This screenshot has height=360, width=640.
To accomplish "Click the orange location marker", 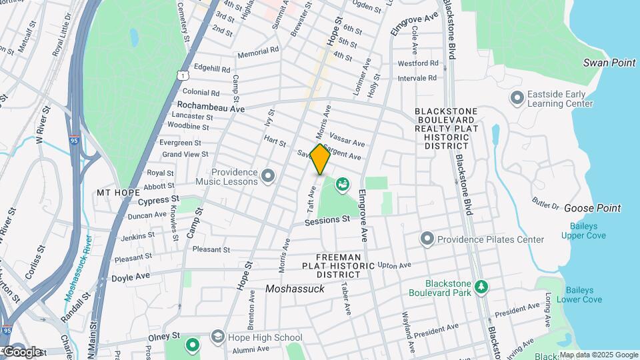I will click(320, 159).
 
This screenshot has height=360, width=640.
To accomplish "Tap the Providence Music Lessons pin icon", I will click(268, 176).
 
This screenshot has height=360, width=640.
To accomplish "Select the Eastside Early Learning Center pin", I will click(517, 99).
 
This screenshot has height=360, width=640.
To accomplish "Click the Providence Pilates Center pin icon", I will click(427, 239).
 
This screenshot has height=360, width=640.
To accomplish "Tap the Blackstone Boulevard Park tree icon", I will click(481, 287).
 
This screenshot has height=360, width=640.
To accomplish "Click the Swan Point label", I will click(609, 63).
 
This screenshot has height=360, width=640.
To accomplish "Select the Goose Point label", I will click(592, 208).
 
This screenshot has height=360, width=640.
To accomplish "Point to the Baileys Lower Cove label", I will click(583, 295).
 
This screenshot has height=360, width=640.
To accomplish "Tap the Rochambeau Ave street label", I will click(211, 106).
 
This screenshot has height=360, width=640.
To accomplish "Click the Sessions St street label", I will click(327, 220).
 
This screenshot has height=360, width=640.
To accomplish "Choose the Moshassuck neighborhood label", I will click(294, 289).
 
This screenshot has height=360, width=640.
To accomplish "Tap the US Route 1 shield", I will click(182, 77).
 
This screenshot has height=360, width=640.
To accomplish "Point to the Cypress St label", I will click(158, 200).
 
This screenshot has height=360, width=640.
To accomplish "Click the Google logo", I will click(21, 351).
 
